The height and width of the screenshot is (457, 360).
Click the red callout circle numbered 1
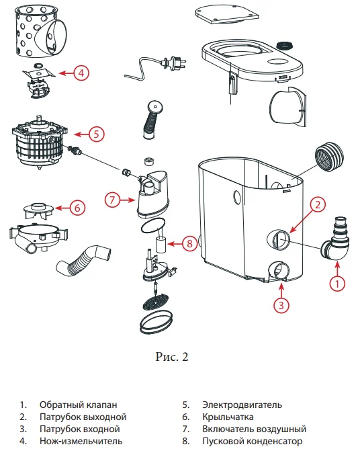pyautogui.click(x=339, y=284)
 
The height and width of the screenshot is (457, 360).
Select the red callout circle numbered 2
pyautogui.click(x=318, y=204)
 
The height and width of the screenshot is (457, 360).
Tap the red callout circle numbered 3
pyautogui.click(x=282, y=304)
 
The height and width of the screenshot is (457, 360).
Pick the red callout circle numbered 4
pyautogui.click(x=81, y=73)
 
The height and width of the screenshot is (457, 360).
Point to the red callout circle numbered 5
pyautogui.click(x=96, y=134)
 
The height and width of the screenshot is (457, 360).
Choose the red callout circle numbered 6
pyautogui.click(x=77, y=208)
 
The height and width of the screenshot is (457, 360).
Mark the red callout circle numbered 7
pyautogui.click(x=114, y=199)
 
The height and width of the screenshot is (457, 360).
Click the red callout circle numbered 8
pyautogui.click(x=191, y=243)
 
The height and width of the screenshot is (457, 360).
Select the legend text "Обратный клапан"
pyautogui.click(x=78, y=405)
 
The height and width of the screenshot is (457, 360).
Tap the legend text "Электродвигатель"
pyautogui.click(x=242, y=405)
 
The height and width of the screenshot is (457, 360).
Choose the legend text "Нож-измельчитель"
pyautogui.click(x=81, y=442)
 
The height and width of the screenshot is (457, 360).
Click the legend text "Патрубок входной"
pyautogui.click(x=79, y=429)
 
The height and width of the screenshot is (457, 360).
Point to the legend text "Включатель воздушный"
pyautogui.click(x=254, y=429)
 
